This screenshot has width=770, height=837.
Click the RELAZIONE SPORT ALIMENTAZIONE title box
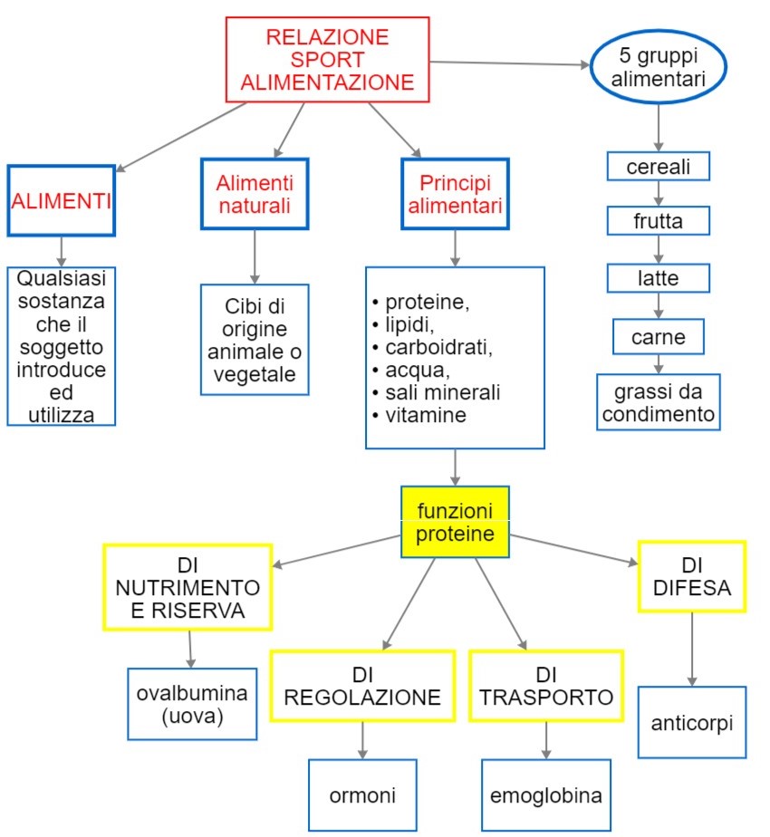[328, 60]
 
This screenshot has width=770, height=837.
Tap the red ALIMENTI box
[61, 201]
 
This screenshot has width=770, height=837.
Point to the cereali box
[658, 168]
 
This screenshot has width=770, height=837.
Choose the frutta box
[658, 221]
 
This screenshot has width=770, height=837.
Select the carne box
[659, 338]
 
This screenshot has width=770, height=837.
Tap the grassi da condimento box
[659, 402]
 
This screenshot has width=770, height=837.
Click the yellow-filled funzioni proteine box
[455, 523]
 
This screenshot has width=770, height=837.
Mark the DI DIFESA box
[691, 577]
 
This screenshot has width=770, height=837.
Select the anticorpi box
[692, 722]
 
